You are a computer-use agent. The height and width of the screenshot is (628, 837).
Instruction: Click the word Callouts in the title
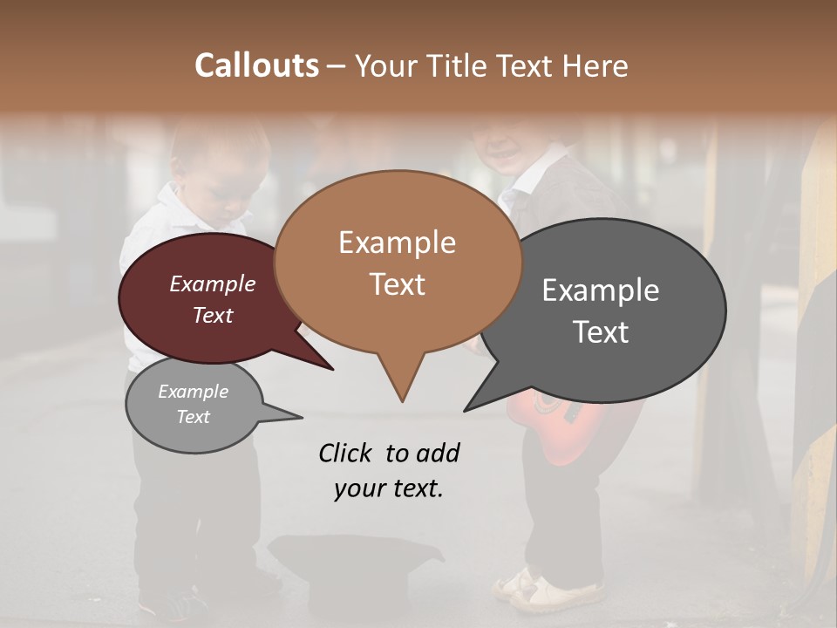tap(256, 65)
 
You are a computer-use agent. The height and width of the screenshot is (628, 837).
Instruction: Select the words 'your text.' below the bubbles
tap(388, 488)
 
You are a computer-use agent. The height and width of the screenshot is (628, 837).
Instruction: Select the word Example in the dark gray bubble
tap(601, 290)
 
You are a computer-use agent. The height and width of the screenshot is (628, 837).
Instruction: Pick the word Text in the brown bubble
tap(398, 283)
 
